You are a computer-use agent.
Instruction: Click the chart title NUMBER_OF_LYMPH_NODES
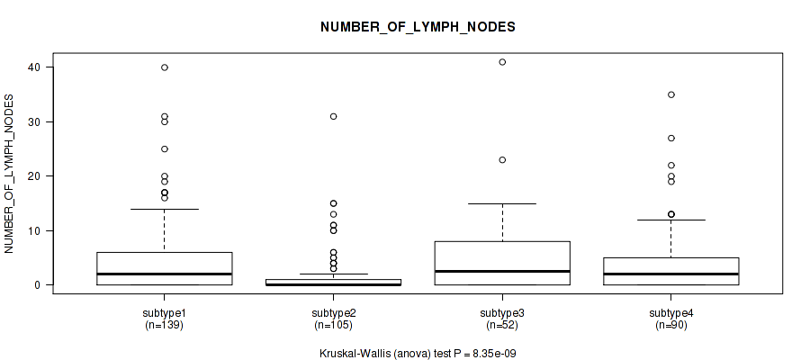click(x=418, y=27)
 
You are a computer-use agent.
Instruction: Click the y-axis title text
click(x=9, y=174)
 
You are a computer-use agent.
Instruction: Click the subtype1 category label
click(x=164, y=313)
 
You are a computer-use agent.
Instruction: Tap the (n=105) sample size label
click(x=333, y=325)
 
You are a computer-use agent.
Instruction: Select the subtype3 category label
click(x=501, y=313)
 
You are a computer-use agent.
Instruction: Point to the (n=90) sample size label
click(x=670, y=325)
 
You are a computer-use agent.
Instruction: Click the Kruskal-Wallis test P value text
click(x=418, y=354)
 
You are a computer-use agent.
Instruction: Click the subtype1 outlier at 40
click(x=165, y=67)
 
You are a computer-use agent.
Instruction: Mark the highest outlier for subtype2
click(x=333, y=116)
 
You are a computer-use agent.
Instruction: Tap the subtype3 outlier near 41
click(x=502, y=62)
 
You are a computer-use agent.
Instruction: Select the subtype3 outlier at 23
click(x=502, y=159)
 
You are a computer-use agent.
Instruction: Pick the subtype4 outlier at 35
click(x=671, y=94)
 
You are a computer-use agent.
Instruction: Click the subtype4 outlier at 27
click(x=671, y=138)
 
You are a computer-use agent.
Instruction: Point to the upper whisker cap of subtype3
click(x=502, y=203)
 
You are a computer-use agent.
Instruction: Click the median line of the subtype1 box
click(x=165, y=274)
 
